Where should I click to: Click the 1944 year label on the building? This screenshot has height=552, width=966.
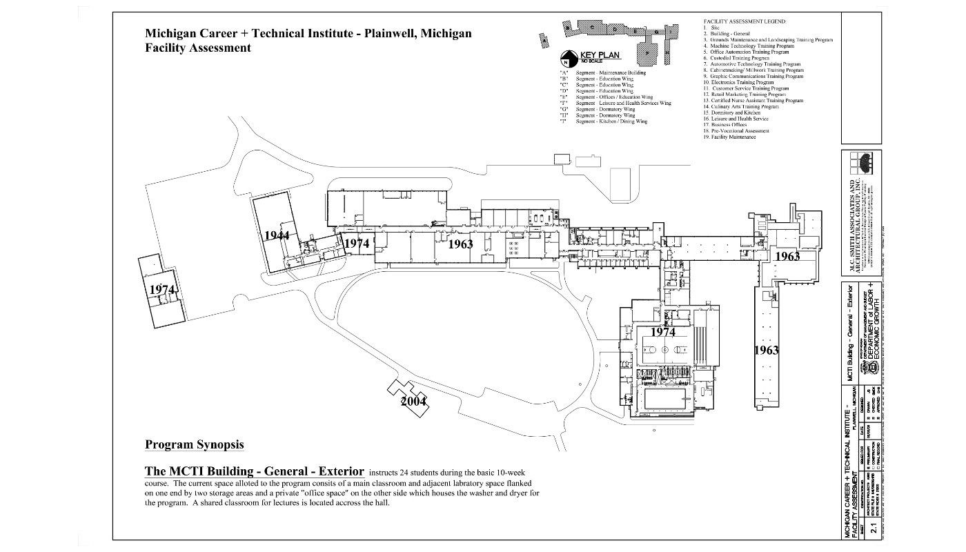click(277, 235)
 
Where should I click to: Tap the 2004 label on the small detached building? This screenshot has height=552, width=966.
click(413, 401)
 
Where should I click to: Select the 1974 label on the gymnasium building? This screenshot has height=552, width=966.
click(662, 332)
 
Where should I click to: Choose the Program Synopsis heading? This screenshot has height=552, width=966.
click(194, 444)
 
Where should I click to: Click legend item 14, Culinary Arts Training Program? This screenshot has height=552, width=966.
click(741, 107)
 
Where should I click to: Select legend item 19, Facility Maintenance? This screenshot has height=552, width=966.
click(729, 137)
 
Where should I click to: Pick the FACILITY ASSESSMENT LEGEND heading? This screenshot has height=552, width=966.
click(745, 21)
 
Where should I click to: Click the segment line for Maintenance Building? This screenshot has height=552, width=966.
click(603, 72)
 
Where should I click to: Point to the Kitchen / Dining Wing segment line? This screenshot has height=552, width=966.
click(603, 121)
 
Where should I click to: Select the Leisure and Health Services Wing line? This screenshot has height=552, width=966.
click(615, 103)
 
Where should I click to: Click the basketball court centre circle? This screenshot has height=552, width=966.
click(663, 349)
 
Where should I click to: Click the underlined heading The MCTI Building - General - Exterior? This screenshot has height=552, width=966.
click(254, 472)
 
